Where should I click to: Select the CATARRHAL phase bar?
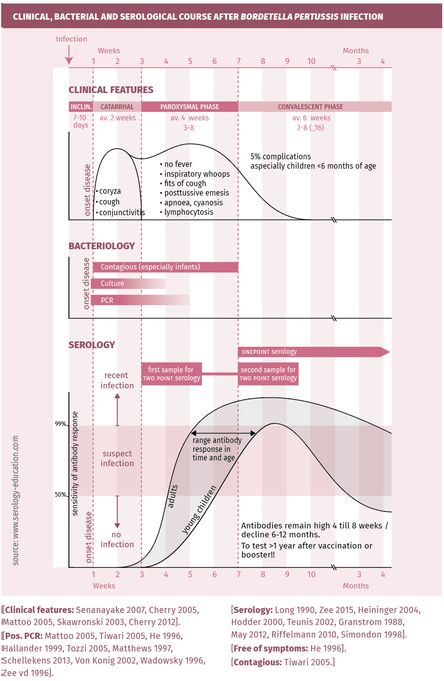coord(117,107)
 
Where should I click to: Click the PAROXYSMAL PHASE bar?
coord(190,107)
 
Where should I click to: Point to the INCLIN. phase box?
coord(81,107)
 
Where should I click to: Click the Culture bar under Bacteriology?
coord(128,284)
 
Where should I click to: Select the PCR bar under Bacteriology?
coord(140,300)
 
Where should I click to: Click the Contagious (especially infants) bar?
coord(165,267)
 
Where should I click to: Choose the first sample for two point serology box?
coord(171,374)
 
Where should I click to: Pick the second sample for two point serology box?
coord(268,374)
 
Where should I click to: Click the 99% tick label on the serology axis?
coord(60,424)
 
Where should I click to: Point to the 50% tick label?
coord(60,495)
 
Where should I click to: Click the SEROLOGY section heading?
coord(92,345)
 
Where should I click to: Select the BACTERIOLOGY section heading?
coord(102,246)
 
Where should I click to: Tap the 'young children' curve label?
coord(199,510)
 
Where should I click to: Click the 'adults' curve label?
coord(172,496)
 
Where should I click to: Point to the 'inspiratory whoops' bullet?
coord(196,174)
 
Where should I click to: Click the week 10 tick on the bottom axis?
coord(312,575)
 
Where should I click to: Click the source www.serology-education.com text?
coord(16,500)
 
